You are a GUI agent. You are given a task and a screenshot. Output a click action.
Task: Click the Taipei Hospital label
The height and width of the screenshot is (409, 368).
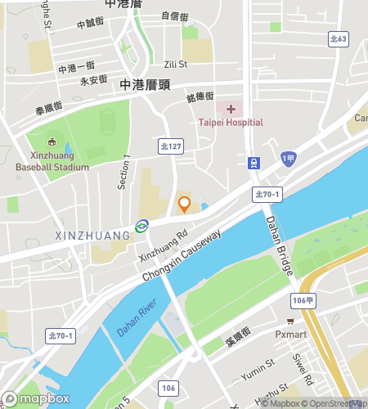point(231,123)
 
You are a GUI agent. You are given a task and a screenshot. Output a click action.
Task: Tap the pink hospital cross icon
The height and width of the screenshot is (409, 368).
point(231,109)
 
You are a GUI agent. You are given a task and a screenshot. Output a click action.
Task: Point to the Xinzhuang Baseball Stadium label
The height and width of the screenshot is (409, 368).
point(52,161)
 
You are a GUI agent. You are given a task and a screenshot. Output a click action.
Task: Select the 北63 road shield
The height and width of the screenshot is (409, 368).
point(338,38)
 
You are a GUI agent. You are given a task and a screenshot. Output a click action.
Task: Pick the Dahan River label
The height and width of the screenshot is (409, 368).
point(136,317)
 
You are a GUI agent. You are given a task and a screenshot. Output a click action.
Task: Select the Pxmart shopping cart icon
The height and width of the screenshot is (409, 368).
point(290,321)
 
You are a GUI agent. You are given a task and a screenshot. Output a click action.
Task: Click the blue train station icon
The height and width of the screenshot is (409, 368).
point(254,163)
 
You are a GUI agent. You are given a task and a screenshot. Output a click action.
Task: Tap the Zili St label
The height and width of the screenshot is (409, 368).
point(176,63)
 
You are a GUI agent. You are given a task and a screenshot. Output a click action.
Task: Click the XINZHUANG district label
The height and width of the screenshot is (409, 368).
point(92,236)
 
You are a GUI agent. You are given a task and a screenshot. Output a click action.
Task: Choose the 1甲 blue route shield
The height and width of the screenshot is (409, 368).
point(287,159)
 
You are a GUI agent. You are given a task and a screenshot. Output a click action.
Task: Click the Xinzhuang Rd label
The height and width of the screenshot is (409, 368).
point(158,244)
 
